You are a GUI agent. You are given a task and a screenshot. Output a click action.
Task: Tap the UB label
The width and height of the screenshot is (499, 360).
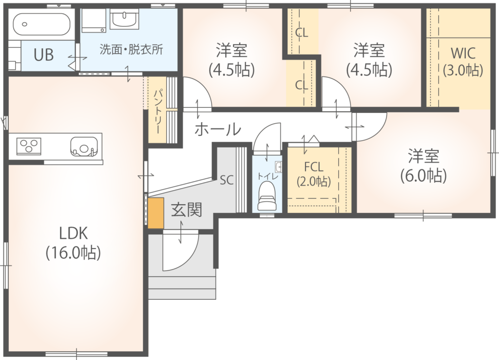point(43,55)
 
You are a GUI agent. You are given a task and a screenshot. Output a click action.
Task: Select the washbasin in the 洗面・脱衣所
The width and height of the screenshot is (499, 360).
point(124,19)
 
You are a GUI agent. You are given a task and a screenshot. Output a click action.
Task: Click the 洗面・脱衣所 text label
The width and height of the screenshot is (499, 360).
point(131,49)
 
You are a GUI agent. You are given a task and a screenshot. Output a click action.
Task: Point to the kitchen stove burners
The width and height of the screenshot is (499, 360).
point(29,146)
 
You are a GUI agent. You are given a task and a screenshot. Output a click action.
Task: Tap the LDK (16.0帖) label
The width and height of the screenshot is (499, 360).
point(74,243)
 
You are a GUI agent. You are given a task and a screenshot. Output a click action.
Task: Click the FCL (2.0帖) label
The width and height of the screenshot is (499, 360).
point(314,174)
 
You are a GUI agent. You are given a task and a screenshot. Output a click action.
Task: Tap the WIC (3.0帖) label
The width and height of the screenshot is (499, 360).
point(463,61)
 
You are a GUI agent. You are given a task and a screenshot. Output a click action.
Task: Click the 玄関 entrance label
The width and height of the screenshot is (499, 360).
point(187,210)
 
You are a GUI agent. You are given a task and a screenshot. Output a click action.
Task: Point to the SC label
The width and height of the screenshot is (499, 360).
point(227,180)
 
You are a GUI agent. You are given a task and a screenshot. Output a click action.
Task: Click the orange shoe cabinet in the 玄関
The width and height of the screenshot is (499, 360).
point(155,213)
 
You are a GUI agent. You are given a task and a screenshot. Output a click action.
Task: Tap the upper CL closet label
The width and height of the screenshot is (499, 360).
point(301,33)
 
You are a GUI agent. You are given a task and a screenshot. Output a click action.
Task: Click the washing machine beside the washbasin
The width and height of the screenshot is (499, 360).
point(94,20)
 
